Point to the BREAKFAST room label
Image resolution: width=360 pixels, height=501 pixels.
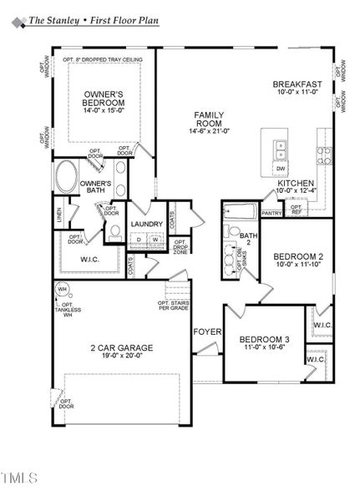pyautogui.click(x=297, y=84)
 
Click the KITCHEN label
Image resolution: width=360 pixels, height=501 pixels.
pyautogui.click(x=296, y=182)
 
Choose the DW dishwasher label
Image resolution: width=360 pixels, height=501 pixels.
pyautogui.click(x=281, y=169)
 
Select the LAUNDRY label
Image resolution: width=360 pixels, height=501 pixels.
pyautogui.click(x=146, y=224)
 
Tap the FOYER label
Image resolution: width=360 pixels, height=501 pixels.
pyautogui.click(x=207, y=331)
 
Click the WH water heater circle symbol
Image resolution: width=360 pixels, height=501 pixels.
pyautogui.click(x=61, y=290)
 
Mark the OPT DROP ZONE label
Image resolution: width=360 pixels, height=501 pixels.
pyautogui.click(x=180, y=247)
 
